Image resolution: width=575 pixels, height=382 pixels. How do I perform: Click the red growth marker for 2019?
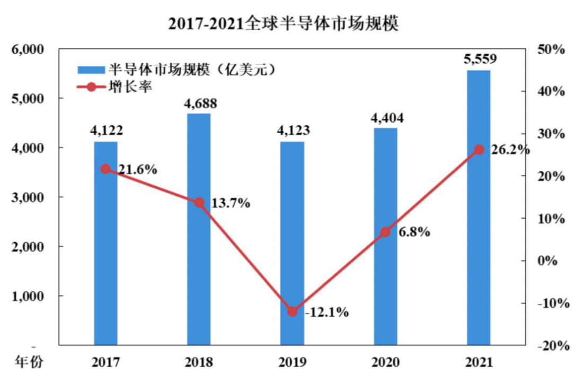(x=292, y=311)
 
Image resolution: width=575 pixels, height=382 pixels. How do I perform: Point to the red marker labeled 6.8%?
(x=385, y=232)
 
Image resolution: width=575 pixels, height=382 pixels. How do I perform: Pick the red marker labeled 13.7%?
(x=199, y=203)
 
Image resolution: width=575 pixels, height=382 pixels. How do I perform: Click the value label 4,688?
(x=199, y=103)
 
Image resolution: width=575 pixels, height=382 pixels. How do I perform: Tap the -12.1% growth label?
(x=326, y=312)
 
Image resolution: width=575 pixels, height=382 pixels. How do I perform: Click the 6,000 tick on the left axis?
(x=27, y=49)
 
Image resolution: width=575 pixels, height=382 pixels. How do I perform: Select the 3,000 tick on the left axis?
(x=27, y=197)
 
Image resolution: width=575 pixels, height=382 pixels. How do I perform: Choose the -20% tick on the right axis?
(x=551, y=345)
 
